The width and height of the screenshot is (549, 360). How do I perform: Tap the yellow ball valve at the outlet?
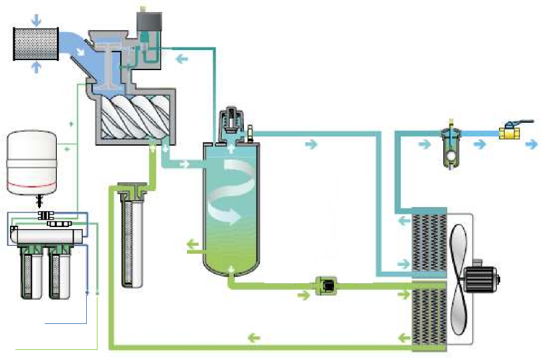[x=510, y=134]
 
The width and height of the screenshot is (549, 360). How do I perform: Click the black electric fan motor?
[x=480, y=277]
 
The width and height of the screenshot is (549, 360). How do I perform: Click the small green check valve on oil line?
[x=327, y=286]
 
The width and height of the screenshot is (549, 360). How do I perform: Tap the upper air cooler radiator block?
[x=428, y=244]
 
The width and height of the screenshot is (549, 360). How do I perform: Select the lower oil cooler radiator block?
[x=428, y=314]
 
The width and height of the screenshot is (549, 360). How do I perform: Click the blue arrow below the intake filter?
[x=36, y=68]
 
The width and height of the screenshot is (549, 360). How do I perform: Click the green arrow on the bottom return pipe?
[x=253, y=337]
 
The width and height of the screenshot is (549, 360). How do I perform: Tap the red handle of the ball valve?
[x=518, y=122]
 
